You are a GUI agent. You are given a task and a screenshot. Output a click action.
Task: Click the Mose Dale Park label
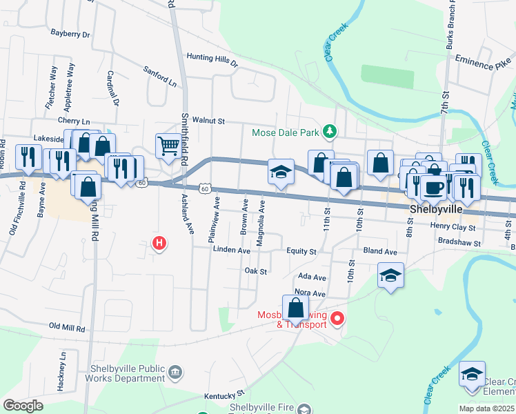click(288, 132)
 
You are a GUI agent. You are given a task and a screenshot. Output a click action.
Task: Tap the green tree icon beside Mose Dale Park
click(330, 131)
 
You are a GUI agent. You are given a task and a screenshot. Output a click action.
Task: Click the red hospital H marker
click(159, 243)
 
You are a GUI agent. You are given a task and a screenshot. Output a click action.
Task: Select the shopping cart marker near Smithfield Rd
click(168, 146)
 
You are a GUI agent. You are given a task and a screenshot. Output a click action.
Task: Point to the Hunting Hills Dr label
click(212, 60)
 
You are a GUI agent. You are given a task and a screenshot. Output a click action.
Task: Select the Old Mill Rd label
click(67, 328)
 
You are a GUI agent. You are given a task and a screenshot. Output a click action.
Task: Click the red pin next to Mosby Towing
click(337, 318)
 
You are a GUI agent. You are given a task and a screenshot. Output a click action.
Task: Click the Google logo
click(23, 406)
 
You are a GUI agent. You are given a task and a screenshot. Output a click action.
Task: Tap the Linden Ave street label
click(231, 250)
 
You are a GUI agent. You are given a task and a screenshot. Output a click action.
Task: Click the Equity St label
click(302, 252)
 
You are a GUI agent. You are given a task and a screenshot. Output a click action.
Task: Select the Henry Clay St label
click(453, 226)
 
